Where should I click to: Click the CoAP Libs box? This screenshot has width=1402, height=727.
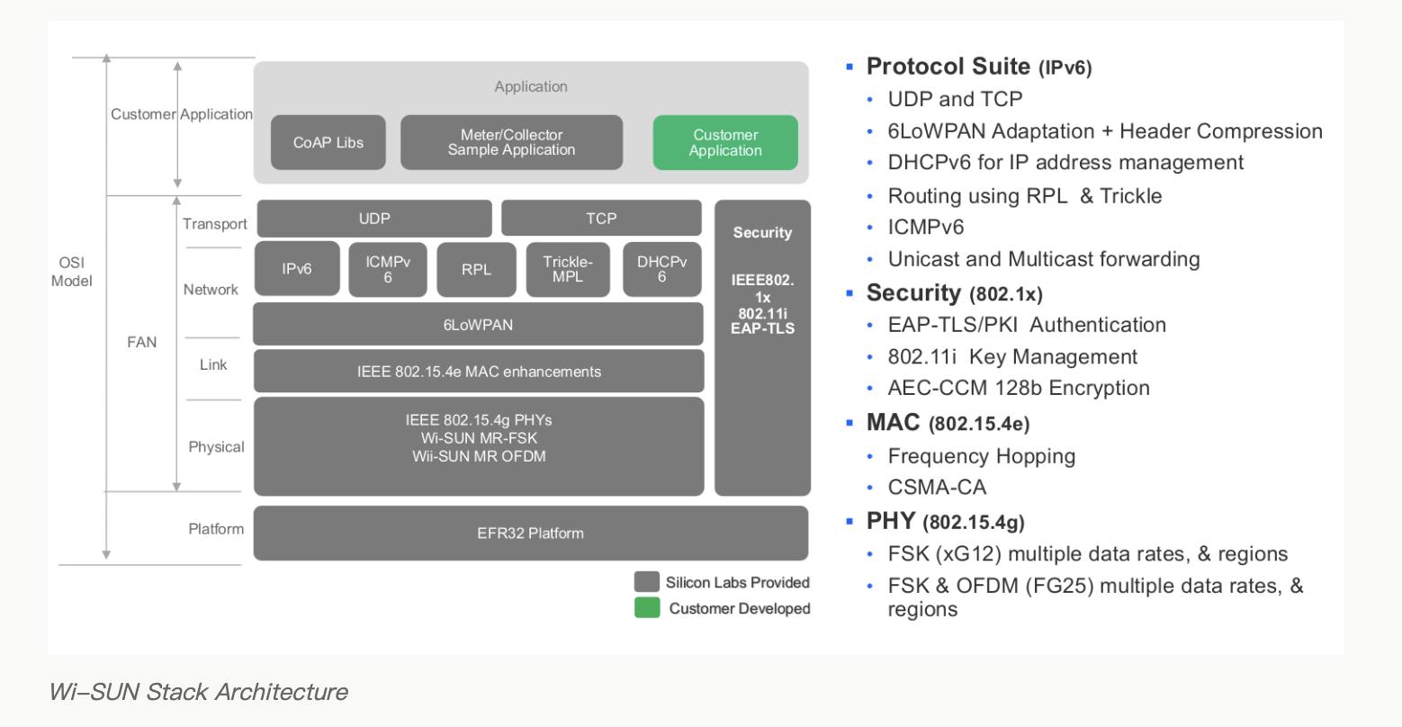(x=328, y=142)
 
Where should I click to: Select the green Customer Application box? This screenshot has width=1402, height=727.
(x=725, y=142)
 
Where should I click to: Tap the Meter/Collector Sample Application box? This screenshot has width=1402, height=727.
(x=511, y=142)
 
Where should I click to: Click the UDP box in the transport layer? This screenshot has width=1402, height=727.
(x=374, y=219)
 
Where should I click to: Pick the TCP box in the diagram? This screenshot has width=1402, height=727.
(x=601, y=219)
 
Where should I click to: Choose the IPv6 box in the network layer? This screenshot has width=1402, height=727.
(x=297, y=268)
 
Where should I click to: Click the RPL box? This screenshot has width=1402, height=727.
(x=476, y=269)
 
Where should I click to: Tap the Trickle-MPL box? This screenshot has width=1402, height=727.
(x=568, y=269)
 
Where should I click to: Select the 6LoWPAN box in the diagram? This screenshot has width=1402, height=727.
(x=478, y=325)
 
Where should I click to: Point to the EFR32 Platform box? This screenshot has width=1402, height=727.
(x=530, y=533)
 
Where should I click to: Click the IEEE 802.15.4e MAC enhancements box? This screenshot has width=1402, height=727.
(x=479, y=372)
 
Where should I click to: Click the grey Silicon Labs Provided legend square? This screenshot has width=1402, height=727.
(x=646, y=582)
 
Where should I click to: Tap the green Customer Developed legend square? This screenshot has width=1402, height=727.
(x=646, y=608)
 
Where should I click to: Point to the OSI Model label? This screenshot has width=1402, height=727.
(x=71, y=272)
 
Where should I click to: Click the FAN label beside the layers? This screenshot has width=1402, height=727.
(x=141, y=342)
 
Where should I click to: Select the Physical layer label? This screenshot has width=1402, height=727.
(x=216, y=447)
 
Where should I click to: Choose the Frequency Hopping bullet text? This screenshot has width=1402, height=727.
(x=981, y=456)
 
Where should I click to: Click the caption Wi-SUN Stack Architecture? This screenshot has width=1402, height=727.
(x=198, y=691)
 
